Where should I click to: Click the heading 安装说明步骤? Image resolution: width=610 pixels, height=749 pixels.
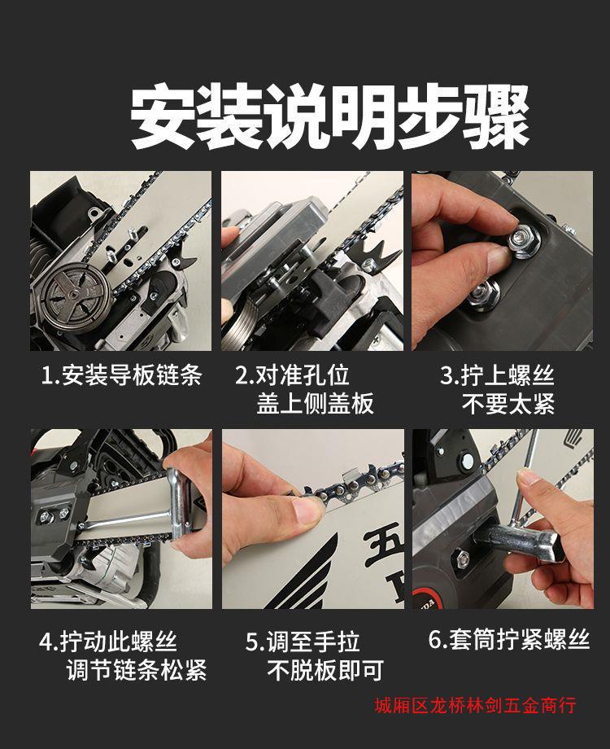[330, 116]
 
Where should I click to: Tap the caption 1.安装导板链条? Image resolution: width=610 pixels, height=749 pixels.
[122, 375]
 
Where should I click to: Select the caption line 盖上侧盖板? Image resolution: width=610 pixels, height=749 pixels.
[315, 403]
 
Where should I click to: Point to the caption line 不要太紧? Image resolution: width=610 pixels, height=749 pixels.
[508, 404]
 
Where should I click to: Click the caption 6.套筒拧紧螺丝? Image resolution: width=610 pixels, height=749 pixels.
[509, 639]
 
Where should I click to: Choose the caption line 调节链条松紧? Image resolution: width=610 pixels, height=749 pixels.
[137, 670]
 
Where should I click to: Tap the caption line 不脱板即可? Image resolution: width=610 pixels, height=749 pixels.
[325, 670]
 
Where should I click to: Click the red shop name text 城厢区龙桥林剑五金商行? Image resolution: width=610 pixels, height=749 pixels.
[476, 706]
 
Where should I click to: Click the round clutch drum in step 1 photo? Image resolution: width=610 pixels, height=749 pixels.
[74, 292]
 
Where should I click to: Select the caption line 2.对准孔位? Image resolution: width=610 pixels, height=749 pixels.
[293, 375]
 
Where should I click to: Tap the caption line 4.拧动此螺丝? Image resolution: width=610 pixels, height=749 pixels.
[108, 641]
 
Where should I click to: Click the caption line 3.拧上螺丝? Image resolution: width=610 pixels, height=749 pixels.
[497, 375]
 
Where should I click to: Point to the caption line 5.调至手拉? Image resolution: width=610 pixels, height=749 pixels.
[303, 641]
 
